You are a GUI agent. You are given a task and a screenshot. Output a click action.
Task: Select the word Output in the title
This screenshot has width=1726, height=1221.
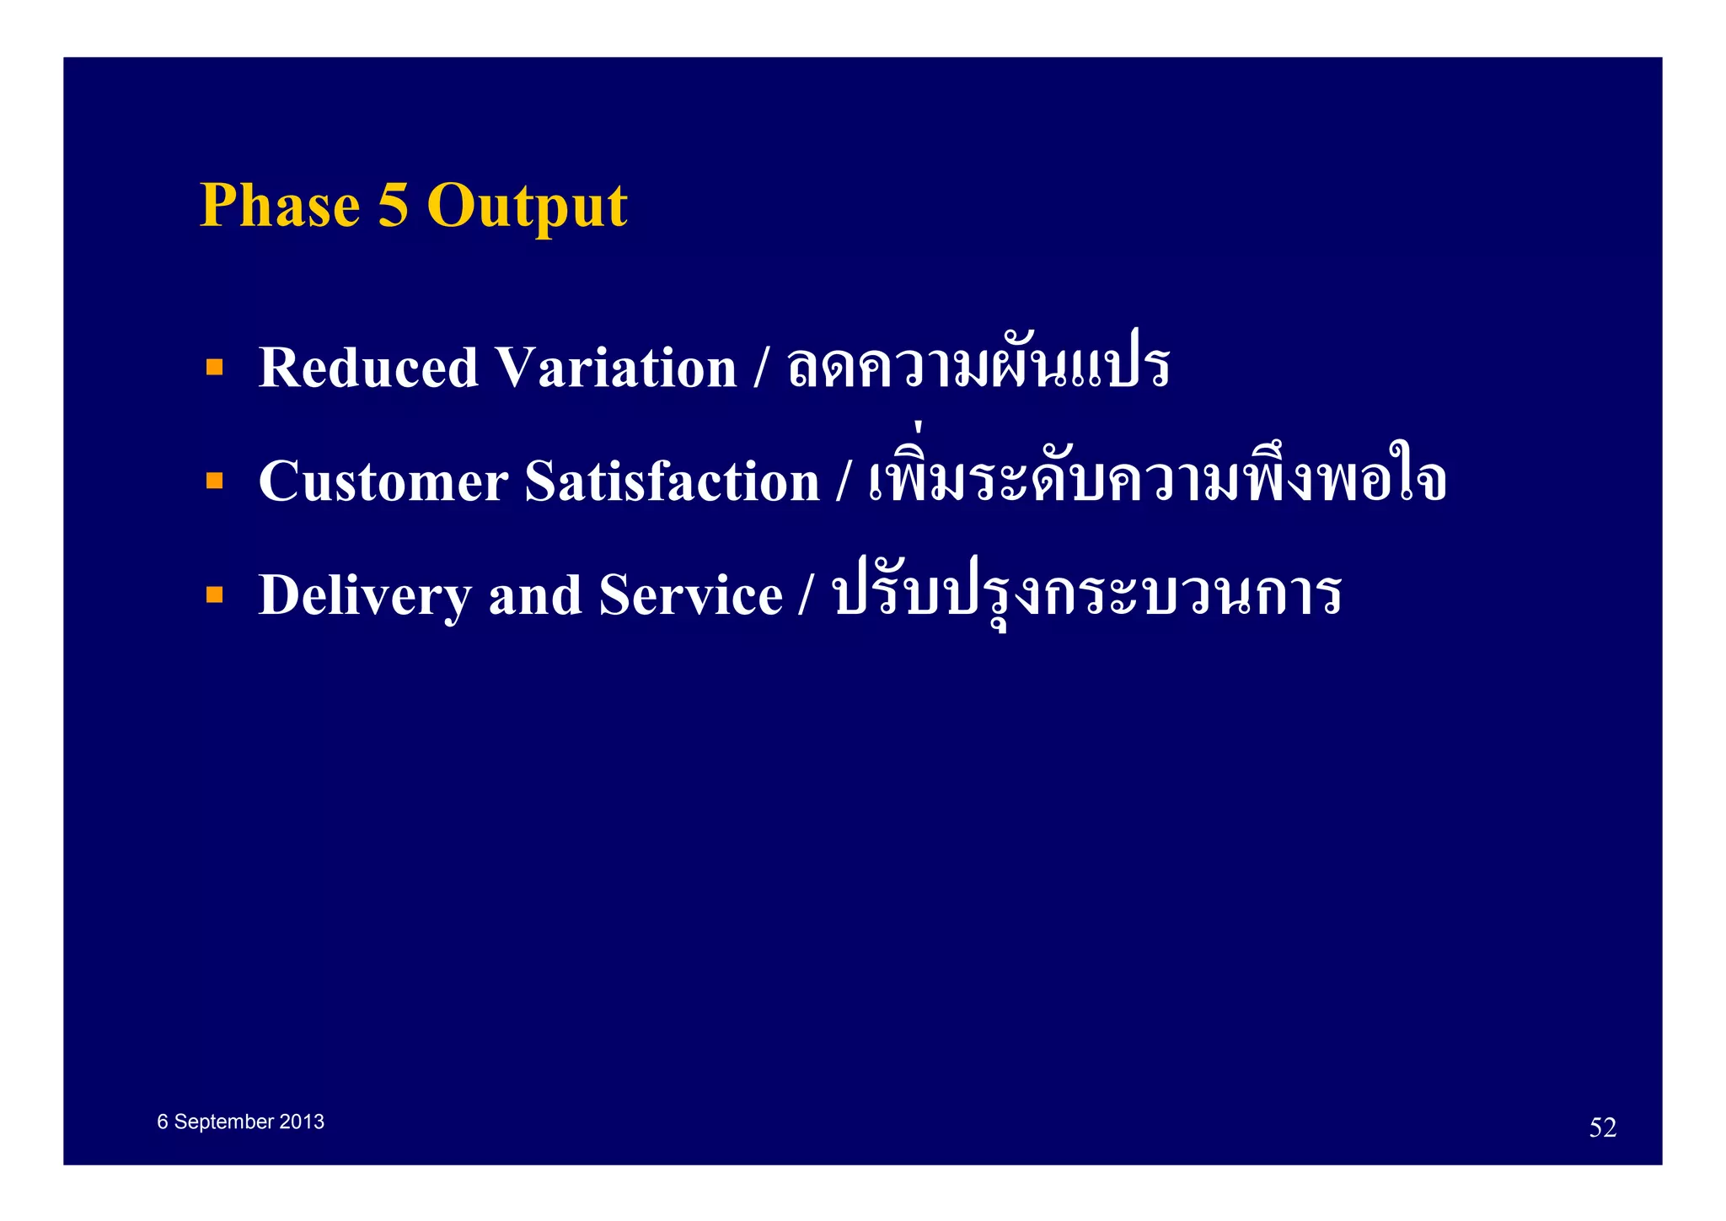(528, 207)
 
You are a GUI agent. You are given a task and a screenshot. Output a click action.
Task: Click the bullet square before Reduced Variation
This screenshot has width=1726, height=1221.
(215, 367)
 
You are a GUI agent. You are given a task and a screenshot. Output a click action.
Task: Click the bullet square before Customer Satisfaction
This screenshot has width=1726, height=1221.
(215, 481)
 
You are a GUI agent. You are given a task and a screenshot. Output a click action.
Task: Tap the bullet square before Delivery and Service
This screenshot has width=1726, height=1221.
(215, 594)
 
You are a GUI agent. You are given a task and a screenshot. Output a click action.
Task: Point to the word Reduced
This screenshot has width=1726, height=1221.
(368, 368)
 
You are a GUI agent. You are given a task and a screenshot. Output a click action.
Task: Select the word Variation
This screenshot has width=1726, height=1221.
(615, 368)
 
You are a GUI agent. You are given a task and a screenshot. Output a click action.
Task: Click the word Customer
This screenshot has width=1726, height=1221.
(383, 481)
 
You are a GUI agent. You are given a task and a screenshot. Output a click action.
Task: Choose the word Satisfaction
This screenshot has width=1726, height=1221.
(672, 481)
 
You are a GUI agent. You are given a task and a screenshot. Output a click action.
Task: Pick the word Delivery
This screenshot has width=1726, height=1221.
(364, 596)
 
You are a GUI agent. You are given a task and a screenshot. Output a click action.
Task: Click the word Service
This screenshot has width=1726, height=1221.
(690, 595)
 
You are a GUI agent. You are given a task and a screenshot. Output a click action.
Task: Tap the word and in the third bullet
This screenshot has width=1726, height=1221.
(535, 595)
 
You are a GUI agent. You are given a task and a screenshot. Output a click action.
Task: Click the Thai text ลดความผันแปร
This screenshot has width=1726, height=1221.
(978, 366)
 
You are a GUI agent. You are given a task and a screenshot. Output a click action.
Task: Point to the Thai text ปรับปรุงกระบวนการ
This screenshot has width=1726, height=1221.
(1086, 592)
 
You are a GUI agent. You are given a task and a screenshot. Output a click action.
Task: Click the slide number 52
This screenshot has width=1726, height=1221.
(1602, 1127)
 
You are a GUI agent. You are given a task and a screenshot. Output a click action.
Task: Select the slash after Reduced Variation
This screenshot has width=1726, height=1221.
(761, 368)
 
